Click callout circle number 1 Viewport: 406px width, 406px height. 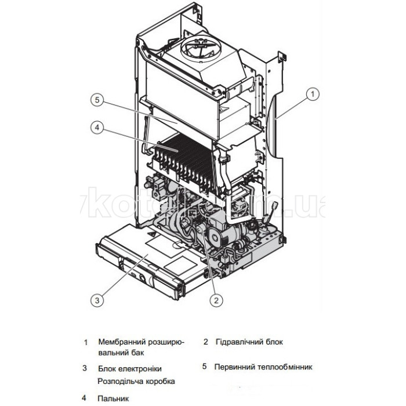click(x=312, y=93)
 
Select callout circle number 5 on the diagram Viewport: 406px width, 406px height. click(x=96, y=100)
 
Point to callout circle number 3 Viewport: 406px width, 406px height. click(x=97, y=300)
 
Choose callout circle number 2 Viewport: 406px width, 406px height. click(x=216, y=300)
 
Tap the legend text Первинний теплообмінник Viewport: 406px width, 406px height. click(x=263, y=367)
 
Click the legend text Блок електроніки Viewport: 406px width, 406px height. click(x=130, y=368)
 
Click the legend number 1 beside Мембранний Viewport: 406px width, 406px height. click(x=86, y=342)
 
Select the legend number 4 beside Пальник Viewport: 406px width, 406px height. click(x=85, y=398)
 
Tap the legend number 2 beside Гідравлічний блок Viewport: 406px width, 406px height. click(x=205, y=342)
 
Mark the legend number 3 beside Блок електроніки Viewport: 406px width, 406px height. click(x=85, y=368)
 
